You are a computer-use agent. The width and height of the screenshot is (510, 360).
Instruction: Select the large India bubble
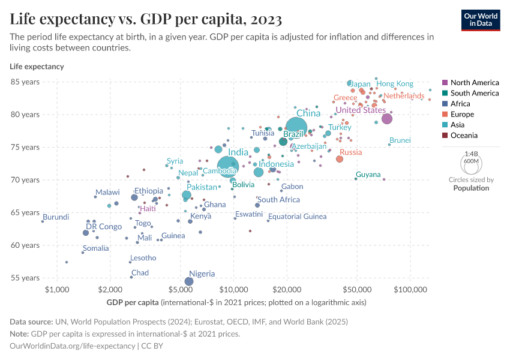(x=228, y=166)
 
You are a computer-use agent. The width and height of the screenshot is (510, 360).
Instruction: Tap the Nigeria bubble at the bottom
(x=189, y=281)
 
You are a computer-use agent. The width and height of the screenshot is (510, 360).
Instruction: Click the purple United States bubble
(x=387, y=119)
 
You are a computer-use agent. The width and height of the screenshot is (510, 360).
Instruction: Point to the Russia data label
(x=351, y=152)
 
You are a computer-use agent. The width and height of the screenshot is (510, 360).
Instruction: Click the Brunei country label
(x=400, y=140)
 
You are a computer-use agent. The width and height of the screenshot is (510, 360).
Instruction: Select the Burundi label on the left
(x=56, y=217)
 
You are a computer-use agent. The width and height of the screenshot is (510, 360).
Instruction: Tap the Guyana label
(x=368, y=175)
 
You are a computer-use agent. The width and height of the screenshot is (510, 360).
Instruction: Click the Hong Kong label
(x=395, y=84)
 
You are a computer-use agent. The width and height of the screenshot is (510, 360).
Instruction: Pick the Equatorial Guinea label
(x=297, y=217)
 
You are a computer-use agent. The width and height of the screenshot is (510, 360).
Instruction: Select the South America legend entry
(x=474, y=93)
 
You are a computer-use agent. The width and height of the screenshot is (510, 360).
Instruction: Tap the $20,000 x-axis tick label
(x=287, y=290)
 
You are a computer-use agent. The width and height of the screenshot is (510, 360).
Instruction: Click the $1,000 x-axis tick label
(x=57, y=290)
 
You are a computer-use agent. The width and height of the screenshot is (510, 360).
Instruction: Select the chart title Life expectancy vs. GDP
(x=146, y=19)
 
